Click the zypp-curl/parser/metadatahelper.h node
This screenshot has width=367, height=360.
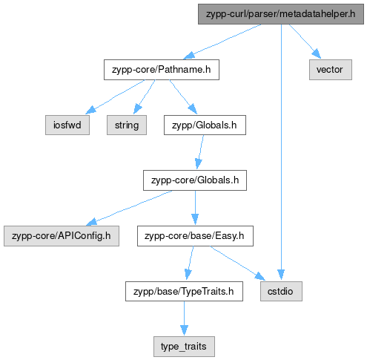[281, 14]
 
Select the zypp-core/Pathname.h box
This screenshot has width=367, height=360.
[162, 70]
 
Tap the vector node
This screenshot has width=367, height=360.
[331, 70]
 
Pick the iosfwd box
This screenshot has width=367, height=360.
[67, 125]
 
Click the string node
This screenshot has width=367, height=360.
[127, 125]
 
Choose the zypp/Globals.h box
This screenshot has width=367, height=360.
[205, 125]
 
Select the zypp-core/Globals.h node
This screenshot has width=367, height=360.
[195, 180]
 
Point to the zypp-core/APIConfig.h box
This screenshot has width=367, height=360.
[62, 236]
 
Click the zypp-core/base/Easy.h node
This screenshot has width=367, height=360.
[195, 236]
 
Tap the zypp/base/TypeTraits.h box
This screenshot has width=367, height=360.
[184, 291]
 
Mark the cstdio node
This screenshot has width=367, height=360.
[281, 291]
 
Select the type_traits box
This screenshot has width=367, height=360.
[184, 347]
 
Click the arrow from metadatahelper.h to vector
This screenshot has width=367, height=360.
[305, 42]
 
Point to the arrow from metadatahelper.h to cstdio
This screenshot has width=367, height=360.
[281, 153]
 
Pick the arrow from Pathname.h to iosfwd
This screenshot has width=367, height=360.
[115, 97]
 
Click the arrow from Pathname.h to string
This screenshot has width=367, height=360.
[144, 97]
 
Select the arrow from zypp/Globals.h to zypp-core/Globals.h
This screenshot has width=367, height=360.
[200, 152]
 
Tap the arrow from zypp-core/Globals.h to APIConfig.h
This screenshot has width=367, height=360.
[128, 208]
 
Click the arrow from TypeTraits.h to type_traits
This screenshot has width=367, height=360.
[184, 318]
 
